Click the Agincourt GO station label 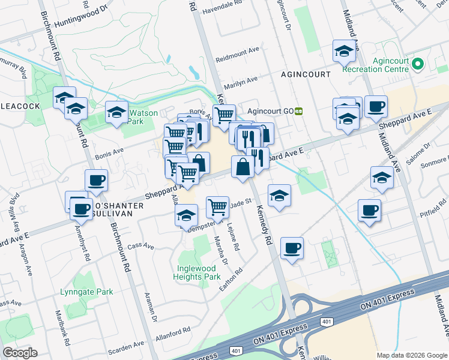pos(270,111)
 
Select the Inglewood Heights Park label pos(197,273)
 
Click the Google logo pos(19,353)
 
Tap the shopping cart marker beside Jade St pos(217,207)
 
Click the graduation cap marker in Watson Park pos(116,112)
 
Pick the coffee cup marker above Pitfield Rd pos(369,210)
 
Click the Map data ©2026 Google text pos(411,355)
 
